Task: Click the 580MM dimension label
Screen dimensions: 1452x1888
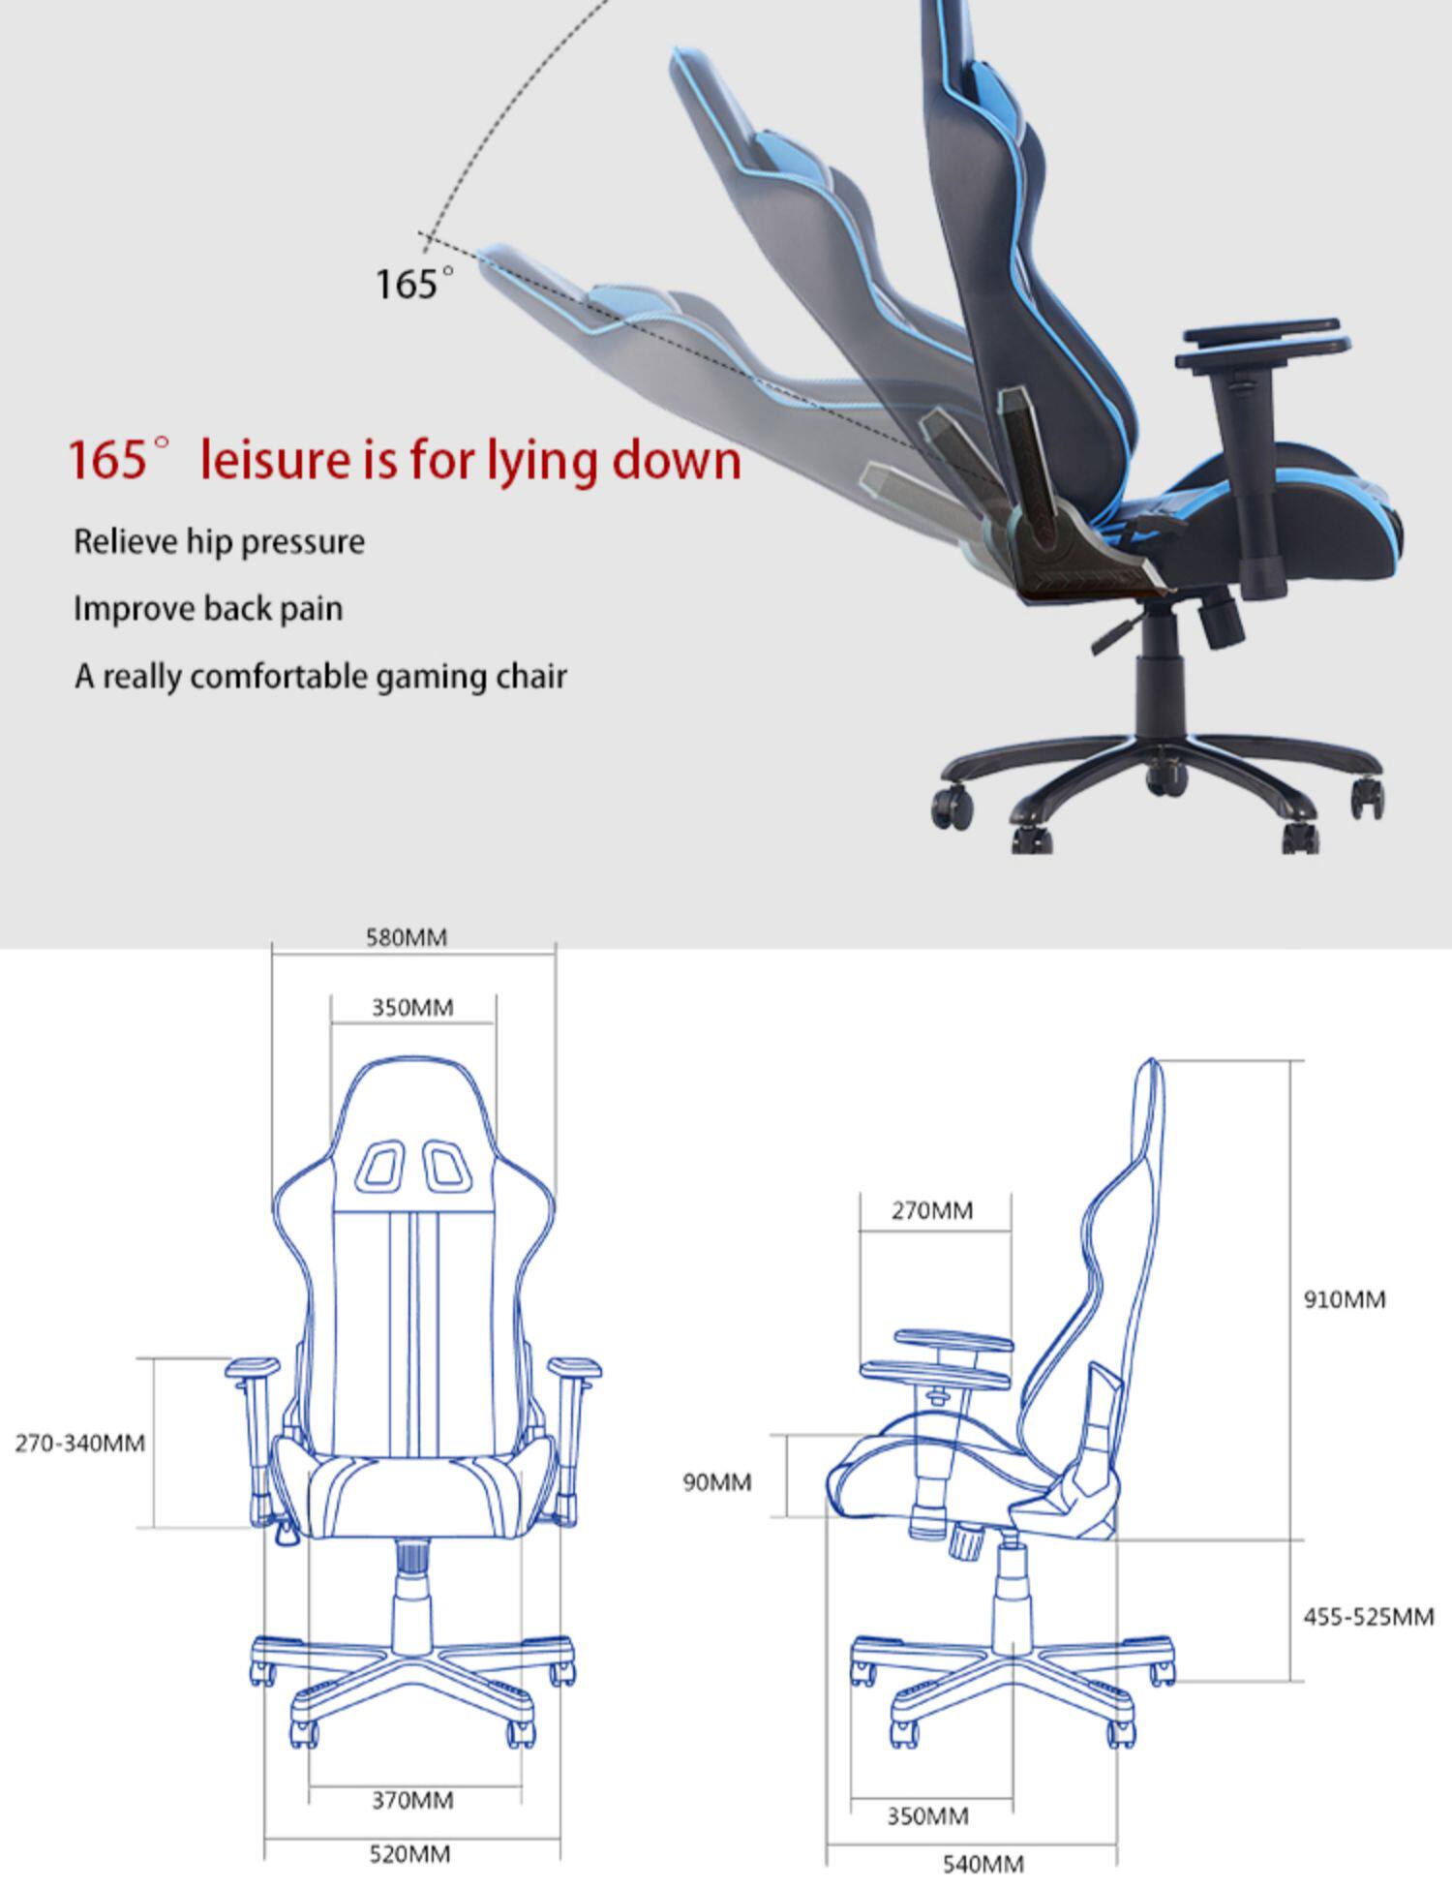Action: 407,937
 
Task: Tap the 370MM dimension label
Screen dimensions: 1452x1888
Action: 412,1800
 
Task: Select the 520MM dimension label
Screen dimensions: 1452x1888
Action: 409,1854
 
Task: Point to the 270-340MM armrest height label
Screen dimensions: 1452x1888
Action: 79,1443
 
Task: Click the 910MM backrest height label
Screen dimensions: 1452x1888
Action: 1345,1299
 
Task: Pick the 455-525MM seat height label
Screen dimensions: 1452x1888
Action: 1368,1617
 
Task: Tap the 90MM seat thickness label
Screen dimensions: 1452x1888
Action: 716,1482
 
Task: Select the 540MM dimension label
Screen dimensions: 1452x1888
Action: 983,1864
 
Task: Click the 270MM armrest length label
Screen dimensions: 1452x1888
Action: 932,1210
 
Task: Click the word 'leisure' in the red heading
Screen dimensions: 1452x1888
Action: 274,459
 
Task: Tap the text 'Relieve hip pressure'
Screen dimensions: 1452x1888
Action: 219,541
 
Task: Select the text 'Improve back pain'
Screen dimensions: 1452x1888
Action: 208,609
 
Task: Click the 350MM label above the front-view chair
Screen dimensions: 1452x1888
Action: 412,1008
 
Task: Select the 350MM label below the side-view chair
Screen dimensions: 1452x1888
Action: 928,1815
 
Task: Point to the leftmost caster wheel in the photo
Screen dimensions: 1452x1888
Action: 952,806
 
